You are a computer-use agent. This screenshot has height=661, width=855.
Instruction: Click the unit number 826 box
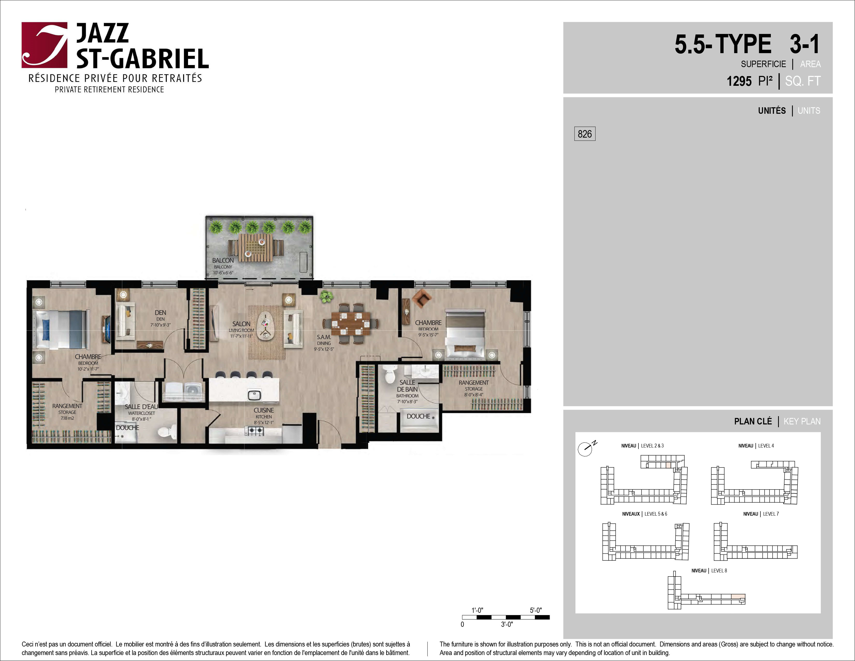pyautogui.click(x=585, y=134)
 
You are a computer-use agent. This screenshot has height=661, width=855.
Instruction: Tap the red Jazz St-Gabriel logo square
pyautogui.click(x=44, y=45)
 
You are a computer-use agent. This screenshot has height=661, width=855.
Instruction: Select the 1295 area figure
pyautogui.click(x=739, y=81)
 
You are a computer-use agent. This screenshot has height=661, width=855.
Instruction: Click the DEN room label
pyautogui.click(x=161, y=312)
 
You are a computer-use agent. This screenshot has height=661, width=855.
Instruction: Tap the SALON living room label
pyautogui.click(x=241, y=324)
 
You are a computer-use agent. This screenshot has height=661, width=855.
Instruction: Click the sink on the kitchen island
pyautogui.click(x=254, y=395)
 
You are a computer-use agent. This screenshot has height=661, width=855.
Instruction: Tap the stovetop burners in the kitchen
pyautogui.click(x=254, y=431)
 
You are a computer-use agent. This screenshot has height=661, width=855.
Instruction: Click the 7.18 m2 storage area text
pyautogui.click(x=67, y=418)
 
